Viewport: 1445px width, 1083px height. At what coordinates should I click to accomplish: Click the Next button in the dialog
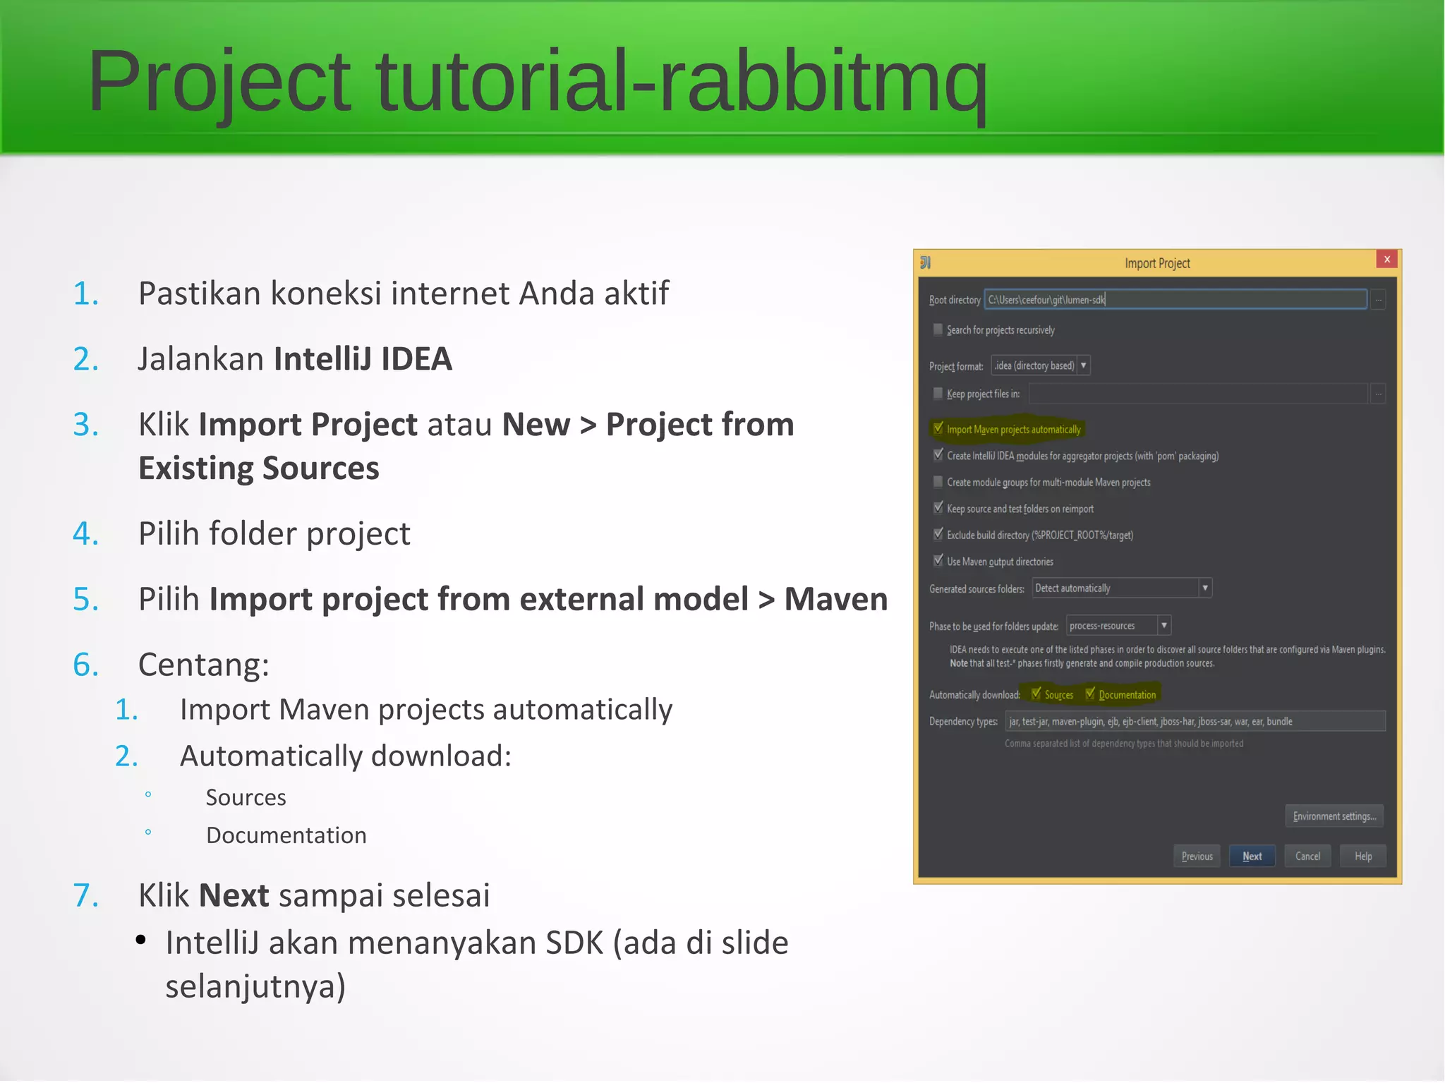click(1252, 856)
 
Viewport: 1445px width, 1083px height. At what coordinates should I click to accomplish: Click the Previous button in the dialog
click(1197, 856)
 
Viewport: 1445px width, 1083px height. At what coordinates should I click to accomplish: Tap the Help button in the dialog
click(1362, 856)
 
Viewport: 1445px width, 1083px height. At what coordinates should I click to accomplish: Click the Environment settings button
click(1334, 816)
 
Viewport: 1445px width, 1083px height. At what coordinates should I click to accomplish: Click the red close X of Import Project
click(1386, 259)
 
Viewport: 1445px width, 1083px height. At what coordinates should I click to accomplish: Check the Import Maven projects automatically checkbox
click(938, 428)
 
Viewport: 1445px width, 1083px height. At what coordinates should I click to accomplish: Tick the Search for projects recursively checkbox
click(938, 329)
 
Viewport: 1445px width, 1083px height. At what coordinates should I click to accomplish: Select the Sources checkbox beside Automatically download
click(1036, 694)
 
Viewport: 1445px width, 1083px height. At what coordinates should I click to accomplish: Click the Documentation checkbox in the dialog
click(1090, 694)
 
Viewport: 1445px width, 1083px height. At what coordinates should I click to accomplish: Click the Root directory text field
click(1175, 300)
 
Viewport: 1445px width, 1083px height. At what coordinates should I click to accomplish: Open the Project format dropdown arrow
click(1083, 365)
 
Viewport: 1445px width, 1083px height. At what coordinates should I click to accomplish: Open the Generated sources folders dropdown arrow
click(1205, 588)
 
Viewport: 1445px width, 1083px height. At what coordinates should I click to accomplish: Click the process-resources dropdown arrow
click(1164, 625)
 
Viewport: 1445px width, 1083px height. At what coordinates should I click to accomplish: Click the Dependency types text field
click(1194, 721)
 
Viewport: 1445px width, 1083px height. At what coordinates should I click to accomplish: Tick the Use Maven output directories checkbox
click(938, 561)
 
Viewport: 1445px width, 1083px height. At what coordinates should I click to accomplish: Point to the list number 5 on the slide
click(86, 600)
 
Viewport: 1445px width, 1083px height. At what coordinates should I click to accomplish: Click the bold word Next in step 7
click(234, 896)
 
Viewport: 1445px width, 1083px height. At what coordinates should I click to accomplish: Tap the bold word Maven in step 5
click(835, 600)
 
